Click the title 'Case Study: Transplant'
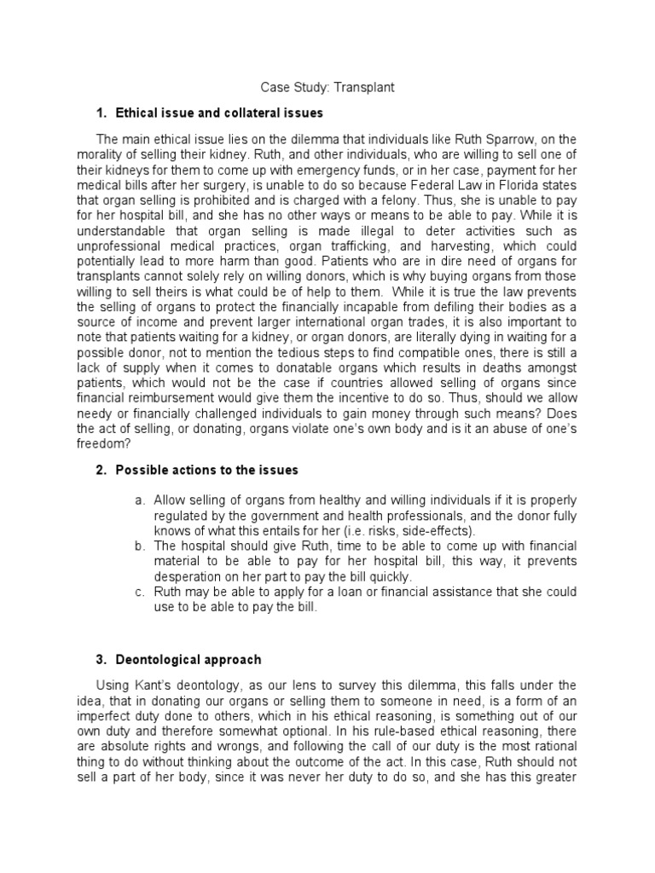point(327,87)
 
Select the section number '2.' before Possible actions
point(99,471)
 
